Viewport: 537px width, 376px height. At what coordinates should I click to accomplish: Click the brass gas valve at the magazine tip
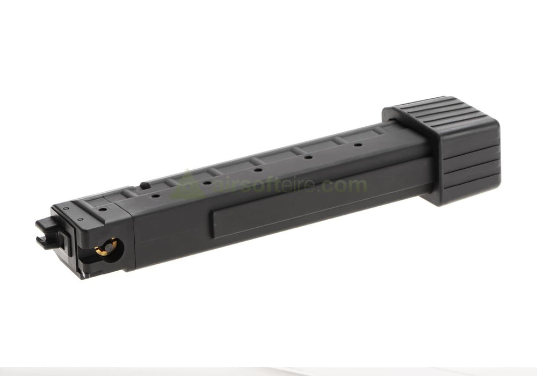point(107,247)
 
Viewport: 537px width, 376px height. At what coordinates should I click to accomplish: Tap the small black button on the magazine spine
point(145,185)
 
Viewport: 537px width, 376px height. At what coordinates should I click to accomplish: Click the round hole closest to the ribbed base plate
point(358,145)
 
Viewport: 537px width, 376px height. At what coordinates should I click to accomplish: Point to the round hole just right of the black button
point(156,196)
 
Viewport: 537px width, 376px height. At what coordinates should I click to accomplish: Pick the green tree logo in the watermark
point(187,185)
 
